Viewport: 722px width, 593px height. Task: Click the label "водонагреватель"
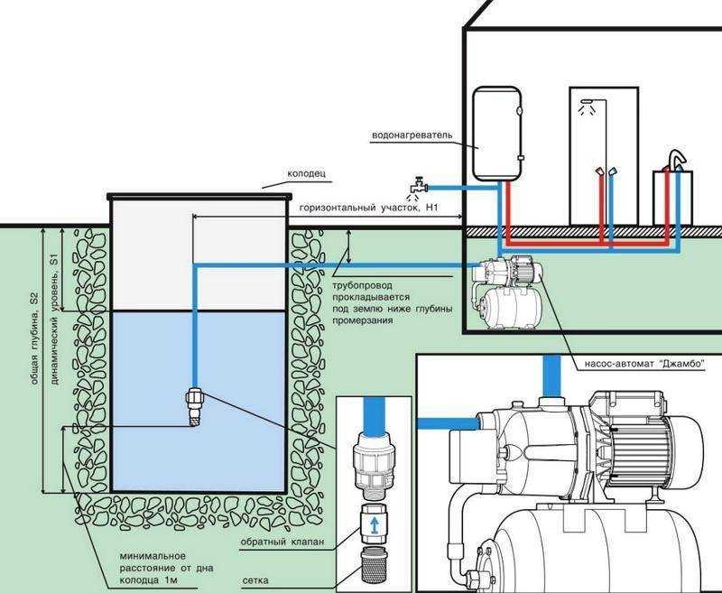tap(412, 135)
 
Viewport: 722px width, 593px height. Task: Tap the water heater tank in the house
tap(497, 134)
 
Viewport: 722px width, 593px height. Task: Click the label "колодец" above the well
tap(306, 173)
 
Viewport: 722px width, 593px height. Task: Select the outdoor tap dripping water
tap(418, 187)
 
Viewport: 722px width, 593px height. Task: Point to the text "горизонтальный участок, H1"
tap(369, 208)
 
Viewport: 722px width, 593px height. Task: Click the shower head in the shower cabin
tap(587, 102)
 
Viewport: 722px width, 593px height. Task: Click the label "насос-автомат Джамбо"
tap(645, 364)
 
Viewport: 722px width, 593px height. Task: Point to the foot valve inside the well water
tap(194, 406)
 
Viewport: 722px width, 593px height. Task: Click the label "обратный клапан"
tap(282, 542)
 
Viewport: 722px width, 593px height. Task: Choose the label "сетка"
tap(255, 580)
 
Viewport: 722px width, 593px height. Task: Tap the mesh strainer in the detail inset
tap(374, 566)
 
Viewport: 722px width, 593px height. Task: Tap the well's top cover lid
tap(199, 197)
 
